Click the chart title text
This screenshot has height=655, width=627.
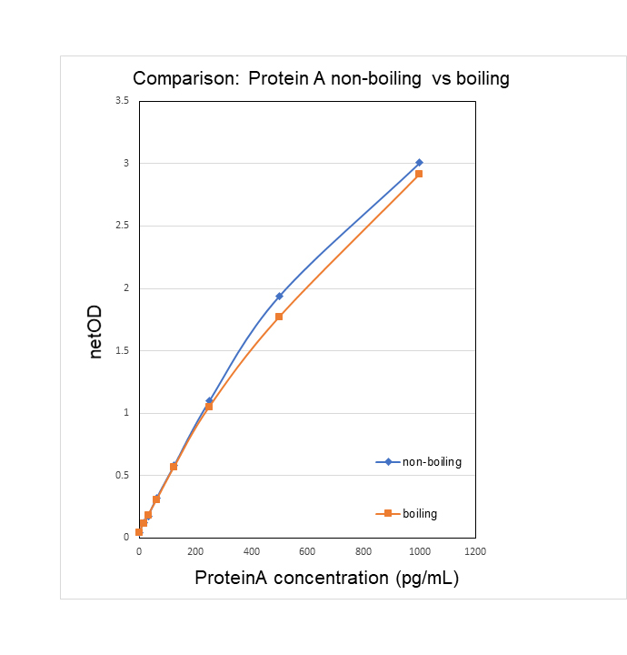coord(321,79)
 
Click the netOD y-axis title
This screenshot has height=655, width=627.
coord(96,332)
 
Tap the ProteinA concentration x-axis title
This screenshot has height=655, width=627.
coord(326,579)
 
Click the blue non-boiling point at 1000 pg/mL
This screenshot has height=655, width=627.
coord(419,163)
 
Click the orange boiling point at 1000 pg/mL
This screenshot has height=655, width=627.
coord(419,174)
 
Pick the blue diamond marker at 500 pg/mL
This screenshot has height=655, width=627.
coord(279,296)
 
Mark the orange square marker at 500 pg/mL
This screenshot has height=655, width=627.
coord(279,317)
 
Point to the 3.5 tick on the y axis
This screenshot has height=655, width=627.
coord(122,100)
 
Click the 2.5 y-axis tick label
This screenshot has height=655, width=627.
coord(122,226)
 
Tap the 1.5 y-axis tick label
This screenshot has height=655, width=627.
coord(122,350)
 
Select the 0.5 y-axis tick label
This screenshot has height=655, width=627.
coord(122,475)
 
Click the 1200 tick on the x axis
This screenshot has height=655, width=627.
coord(475,551)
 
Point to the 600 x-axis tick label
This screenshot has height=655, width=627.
coord(307,551)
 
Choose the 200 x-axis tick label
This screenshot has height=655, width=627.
coord(194,551)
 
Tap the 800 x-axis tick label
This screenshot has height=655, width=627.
coord(363,551)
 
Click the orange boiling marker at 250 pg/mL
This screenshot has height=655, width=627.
coord(209,407)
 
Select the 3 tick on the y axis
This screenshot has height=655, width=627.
coord(126,163)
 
